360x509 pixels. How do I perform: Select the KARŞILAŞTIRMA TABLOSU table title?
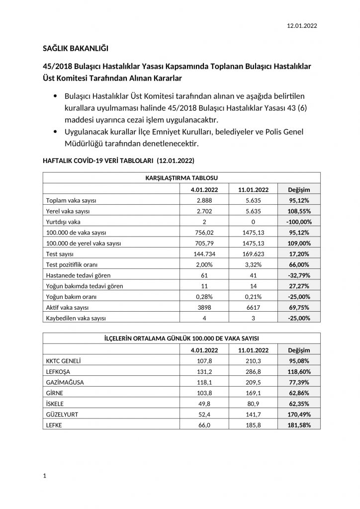click(x=181, y=177)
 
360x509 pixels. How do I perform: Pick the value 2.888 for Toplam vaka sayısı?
click(x=205, y=200)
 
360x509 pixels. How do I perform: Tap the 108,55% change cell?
click(x=298, y=211)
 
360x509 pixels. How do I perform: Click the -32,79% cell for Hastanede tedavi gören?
click(x=298, y=275)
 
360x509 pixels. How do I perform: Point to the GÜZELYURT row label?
click(x=62, y=414)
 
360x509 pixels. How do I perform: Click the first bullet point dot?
click(x=54, y=95)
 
